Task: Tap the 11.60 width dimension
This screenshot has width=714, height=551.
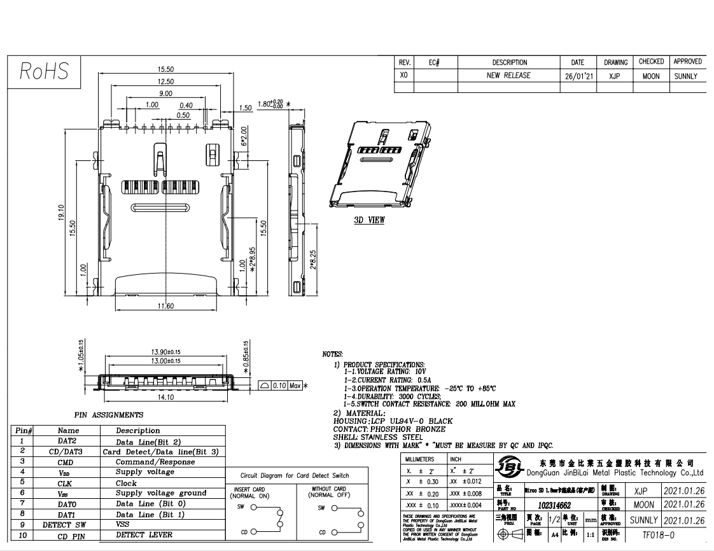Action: point(165,307)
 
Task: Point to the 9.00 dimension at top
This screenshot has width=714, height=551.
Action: point(165,94)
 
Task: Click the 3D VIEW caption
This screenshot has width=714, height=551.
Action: point(369,220)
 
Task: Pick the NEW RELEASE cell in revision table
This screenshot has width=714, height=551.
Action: point(508,75)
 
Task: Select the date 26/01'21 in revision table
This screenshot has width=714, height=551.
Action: point(577,75)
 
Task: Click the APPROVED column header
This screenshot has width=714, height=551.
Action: point(687,62)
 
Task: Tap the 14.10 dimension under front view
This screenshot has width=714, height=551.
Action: point(165,397)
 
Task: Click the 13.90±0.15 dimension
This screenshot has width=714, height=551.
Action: point(165,352)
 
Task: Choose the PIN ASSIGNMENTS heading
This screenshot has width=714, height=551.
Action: point(109,415)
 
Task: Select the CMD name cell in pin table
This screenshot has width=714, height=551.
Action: point(68,462)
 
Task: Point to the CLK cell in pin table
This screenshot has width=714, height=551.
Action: point(68,483)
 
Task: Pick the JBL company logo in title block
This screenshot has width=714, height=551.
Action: point(509,468)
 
